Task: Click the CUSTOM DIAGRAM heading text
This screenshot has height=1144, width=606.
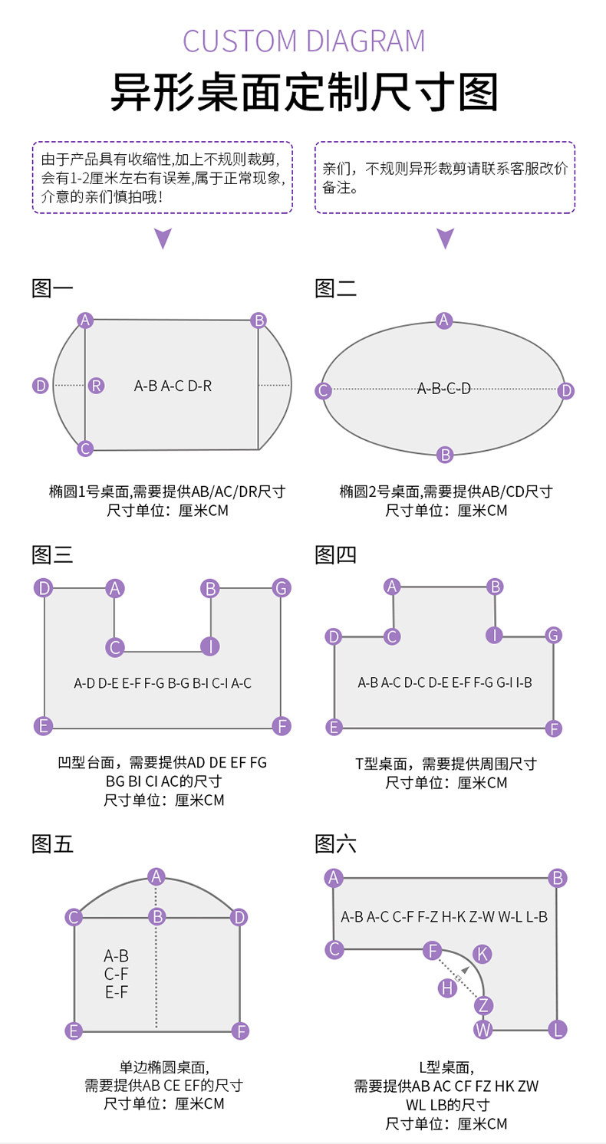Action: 303,41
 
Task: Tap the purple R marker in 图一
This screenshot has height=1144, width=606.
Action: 96,386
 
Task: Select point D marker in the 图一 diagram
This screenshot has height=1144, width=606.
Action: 41,386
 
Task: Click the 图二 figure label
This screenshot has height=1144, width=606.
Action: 335,289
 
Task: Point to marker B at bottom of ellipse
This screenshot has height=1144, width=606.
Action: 445,455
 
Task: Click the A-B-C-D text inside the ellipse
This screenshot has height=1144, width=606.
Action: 444,389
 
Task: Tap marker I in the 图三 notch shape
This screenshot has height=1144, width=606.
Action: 209,646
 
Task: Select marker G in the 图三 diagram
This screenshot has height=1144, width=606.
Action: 282,588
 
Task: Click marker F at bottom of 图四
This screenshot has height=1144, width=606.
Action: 554,728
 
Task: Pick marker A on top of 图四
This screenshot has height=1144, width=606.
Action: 393,587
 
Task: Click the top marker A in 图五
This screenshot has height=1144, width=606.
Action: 156,876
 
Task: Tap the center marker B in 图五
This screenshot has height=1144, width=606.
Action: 157,916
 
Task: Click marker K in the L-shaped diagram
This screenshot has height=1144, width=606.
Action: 482,954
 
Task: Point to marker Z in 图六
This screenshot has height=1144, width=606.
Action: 483,1005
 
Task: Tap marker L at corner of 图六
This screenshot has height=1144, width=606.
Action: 558,1030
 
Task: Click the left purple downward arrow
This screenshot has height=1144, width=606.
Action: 163,238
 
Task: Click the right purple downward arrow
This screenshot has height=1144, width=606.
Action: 446,238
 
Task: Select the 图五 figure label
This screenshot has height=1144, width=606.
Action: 52,844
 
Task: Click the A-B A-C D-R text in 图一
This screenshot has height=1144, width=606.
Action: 173,386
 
